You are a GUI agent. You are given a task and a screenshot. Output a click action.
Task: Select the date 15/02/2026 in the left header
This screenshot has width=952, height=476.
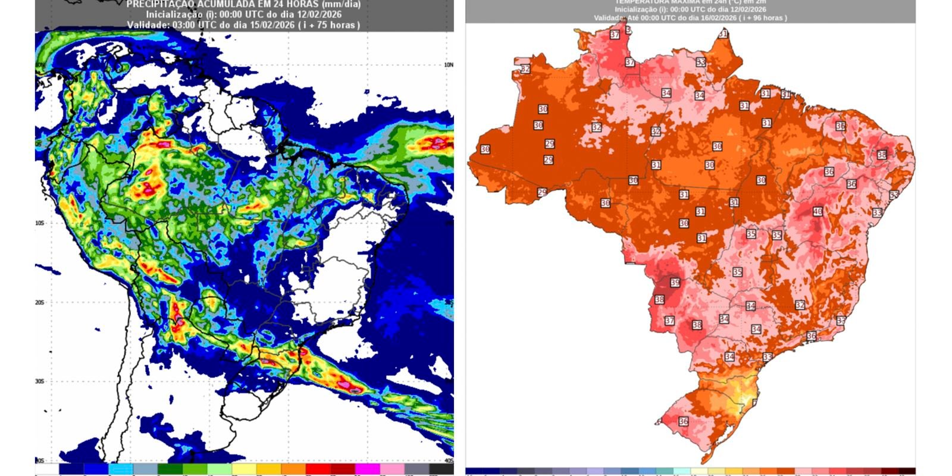253,25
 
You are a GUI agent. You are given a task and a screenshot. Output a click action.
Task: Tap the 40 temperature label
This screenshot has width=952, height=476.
818,211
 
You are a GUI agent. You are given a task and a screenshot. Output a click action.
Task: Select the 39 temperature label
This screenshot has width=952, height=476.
675,283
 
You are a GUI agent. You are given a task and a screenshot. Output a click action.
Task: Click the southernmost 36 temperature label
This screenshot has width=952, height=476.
684,421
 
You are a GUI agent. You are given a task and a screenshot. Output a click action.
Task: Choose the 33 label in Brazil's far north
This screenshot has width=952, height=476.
701,62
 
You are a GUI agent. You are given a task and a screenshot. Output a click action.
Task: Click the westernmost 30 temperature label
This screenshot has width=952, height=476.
485,149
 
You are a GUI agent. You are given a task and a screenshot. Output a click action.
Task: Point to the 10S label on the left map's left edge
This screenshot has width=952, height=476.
39,223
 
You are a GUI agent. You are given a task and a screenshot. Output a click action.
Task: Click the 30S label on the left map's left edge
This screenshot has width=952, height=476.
39,381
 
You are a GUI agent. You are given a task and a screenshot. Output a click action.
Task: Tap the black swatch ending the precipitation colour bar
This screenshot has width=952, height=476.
441,469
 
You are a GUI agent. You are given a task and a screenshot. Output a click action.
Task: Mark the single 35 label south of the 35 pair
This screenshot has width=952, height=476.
737,272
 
